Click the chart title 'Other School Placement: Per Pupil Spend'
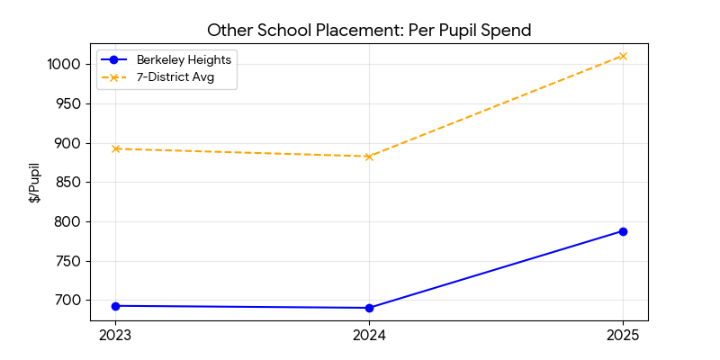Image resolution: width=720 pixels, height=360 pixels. pos(369,30)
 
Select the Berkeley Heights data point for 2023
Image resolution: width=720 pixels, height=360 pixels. pos(115,306)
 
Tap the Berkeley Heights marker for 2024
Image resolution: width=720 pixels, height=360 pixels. pos(369,308)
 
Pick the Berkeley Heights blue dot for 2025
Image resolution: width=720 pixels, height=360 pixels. pos(623,231)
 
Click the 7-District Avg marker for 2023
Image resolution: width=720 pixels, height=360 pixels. pos(115,148)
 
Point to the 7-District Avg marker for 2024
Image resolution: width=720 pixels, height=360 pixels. pos(369,157)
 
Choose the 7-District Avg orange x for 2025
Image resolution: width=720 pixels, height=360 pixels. pos(623,56)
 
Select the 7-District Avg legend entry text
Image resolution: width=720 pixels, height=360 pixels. pos(175,77)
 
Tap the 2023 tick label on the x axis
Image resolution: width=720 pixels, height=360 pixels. pos(115,336)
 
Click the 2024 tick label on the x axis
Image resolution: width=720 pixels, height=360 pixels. pos(369,336)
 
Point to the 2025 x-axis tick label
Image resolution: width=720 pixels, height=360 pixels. pos(623,336)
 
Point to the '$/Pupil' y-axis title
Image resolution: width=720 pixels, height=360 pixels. pos(35,183)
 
